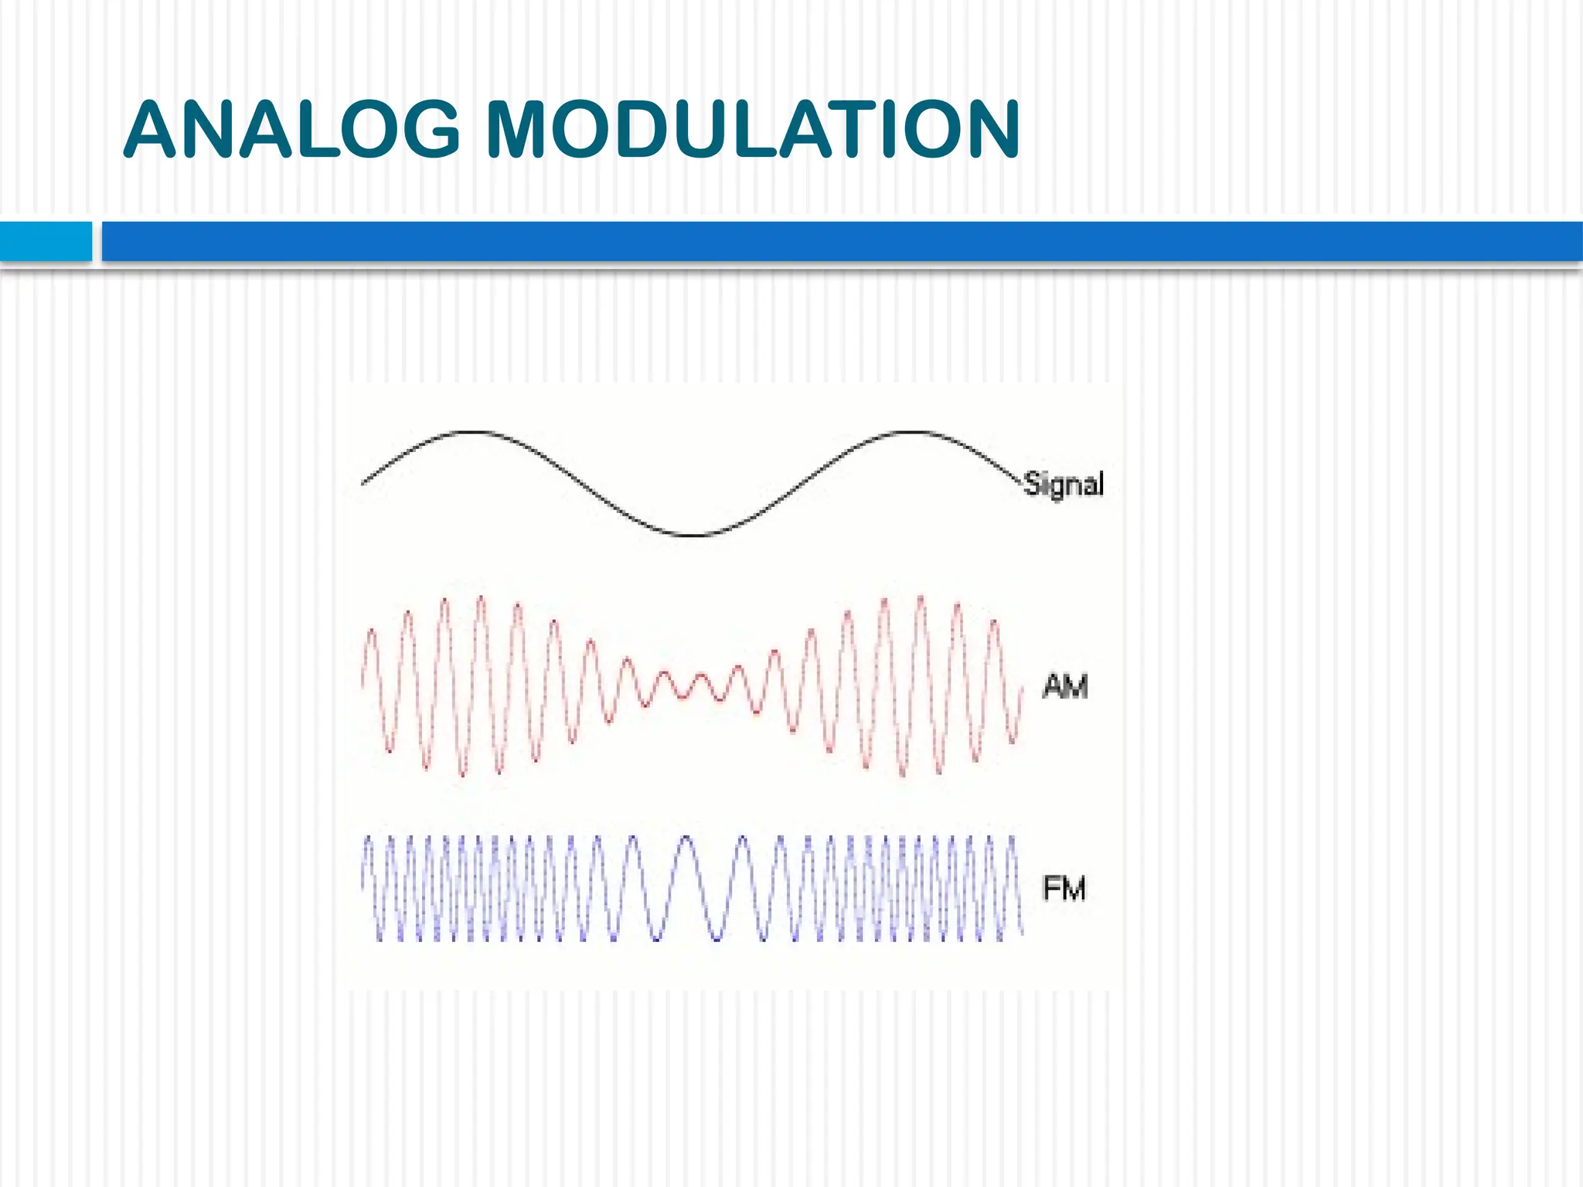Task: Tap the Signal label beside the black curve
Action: tap(1064, 485)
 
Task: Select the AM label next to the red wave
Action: tap(1065, 686)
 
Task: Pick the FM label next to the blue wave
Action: tap(1064, 888)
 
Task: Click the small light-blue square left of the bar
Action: tap(46, 241)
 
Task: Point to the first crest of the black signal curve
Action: tap(473, 432)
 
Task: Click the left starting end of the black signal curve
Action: tap(363, 484)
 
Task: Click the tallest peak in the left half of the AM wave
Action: tap(481, 599)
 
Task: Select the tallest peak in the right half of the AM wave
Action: tap(920, 599)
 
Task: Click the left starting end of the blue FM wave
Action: tap(363, 881)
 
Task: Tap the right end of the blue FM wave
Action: tap(1022, 931)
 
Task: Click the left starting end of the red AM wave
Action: tap(363, 684)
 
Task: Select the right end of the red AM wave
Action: tap(1022, 688)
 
